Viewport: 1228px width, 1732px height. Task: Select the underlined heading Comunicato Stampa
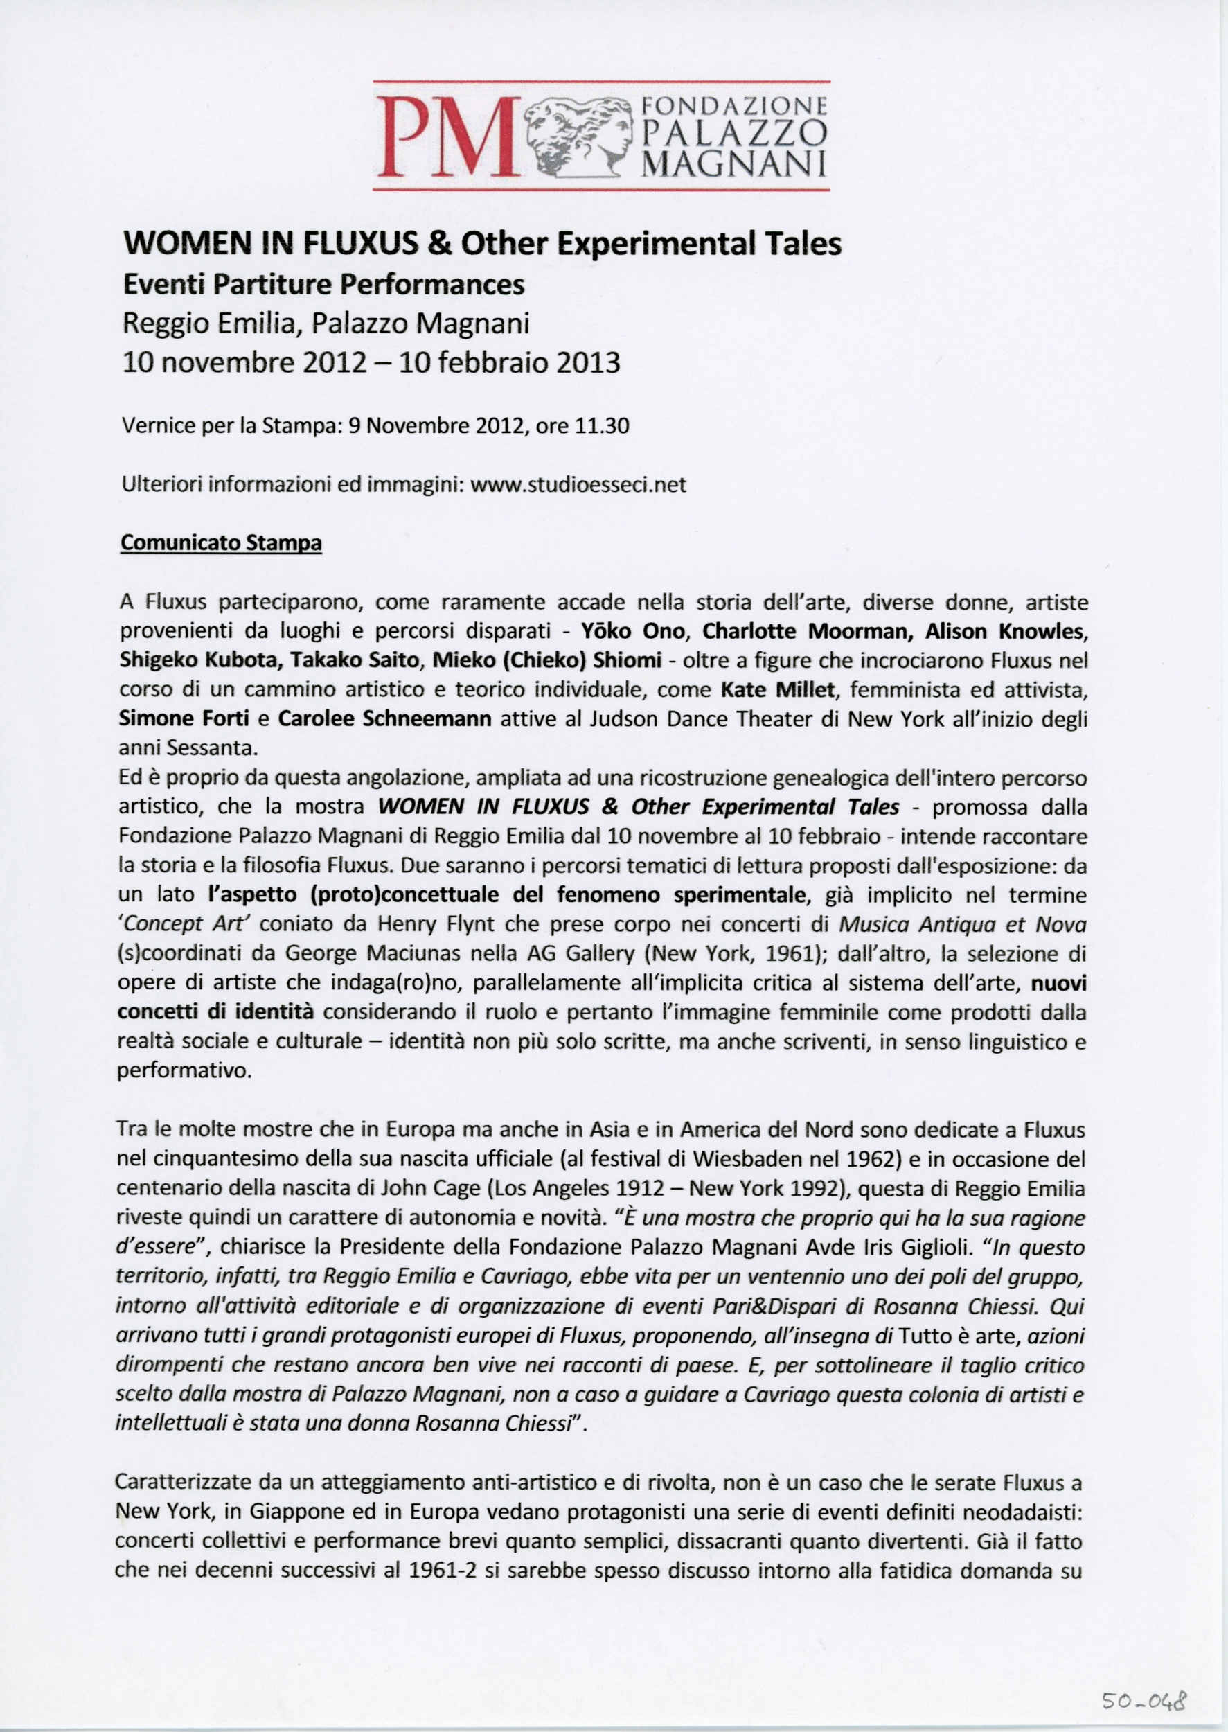click(221, 543)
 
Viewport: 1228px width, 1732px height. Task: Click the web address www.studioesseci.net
click(578, 484)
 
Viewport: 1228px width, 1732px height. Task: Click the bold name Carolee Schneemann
click(385, 718)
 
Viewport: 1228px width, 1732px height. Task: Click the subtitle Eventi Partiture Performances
click(323, 284)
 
